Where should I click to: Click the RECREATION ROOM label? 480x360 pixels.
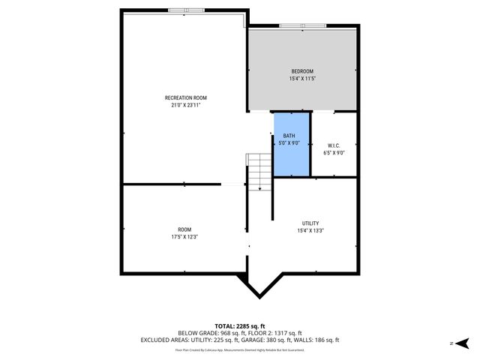point(185,97)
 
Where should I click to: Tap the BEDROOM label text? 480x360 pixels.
point(301,71)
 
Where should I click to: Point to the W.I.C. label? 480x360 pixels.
point(334,145)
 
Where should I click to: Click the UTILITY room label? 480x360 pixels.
point(310,223)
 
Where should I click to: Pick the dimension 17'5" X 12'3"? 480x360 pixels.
point(184,237)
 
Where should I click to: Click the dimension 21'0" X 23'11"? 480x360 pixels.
point(185,106)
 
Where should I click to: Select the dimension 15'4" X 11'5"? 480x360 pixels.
point(301,79)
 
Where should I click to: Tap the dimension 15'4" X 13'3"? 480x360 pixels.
point(310,231)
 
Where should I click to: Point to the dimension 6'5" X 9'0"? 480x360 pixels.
point(334,152)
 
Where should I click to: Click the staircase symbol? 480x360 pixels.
point(259,170)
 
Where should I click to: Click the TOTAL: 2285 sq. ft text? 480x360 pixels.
point(239,325)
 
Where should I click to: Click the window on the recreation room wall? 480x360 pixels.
point(184,10)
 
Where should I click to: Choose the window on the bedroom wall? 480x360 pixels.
point(303,27)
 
